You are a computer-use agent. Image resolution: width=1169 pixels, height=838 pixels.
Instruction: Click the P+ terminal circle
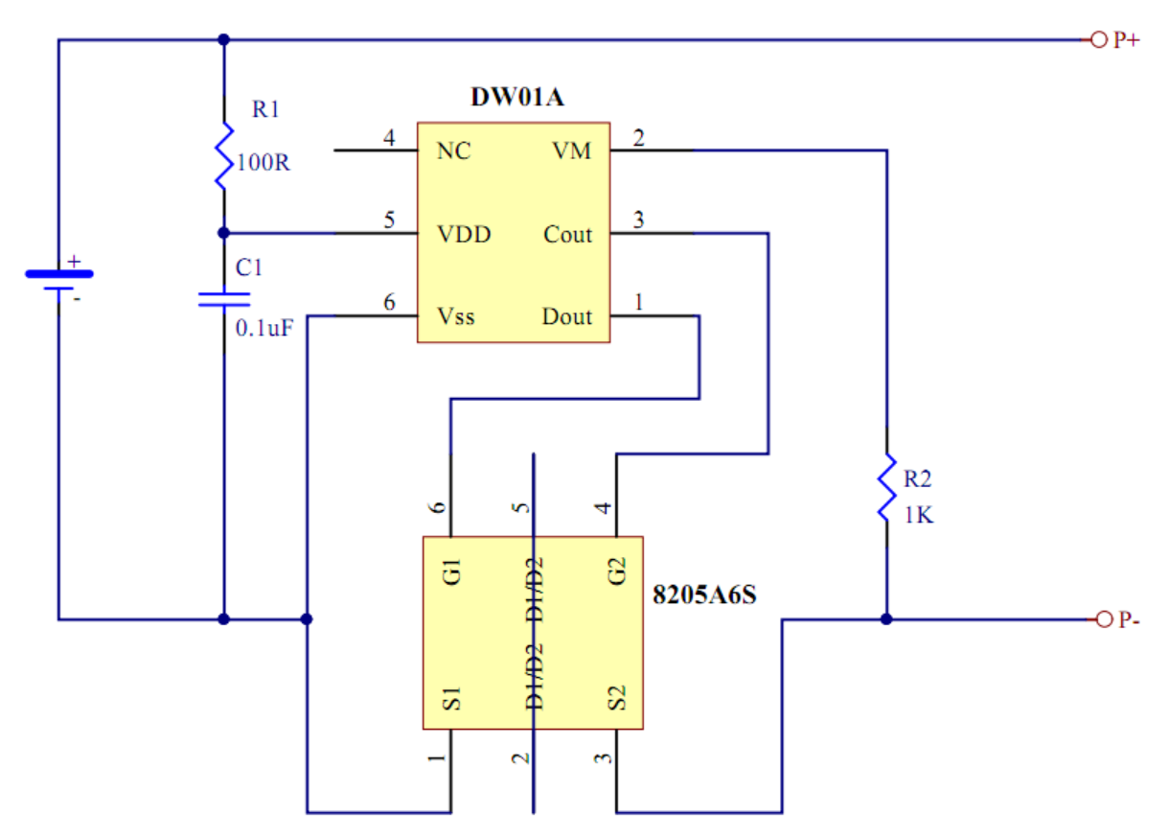point(1099,39)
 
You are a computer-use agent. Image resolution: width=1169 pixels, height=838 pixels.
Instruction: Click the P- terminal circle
point(1104,619)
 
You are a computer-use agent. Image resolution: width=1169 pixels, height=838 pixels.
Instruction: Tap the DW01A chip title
point(517,97)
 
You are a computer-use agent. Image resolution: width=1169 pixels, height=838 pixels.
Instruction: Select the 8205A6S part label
point(704,594)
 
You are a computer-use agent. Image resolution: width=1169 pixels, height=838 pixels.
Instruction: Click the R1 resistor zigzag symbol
point(224,156)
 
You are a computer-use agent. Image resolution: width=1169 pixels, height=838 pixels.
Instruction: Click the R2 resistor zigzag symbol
point(886,487)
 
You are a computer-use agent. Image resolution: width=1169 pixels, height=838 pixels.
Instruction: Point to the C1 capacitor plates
point(224,300)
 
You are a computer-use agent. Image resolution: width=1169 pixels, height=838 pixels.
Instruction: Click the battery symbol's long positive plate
point(59,273)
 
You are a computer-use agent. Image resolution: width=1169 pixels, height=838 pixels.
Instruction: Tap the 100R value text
point(264,163)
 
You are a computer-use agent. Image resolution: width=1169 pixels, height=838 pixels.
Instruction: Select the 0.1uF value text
point(264,329)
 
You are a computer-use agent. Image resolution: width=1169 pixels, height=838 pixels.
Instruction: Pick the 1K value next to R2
point(919,515)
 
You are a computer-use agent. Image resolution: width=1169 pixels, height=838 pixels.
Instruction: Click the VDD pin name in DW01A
point(464,235)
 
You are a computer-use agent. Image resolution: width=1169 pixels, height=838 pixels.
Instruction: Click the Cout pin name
point(568,235)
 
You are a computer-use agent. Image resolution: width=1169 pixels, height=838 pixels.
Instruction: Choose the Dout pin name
point(567,317)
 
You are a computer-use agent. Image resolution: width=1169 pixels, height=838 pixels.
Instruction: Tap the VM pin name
point(572,151)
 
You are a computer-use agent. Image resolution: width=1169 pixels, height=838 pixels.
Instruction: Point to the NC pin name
point(454,151)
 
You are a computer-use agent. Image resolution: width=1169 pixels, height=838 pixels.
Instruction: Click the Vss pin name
point(456,317)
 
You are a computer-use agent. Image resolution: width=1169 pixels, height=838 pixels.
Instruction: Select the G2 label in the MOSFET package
point(617,571)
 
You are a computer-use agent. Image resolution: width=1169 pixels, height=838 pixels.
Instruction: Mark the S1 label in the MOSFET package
point(452,699)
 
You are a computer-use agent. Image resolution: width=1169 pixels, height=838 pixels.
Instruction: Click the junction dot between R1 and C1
point(224,233)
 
